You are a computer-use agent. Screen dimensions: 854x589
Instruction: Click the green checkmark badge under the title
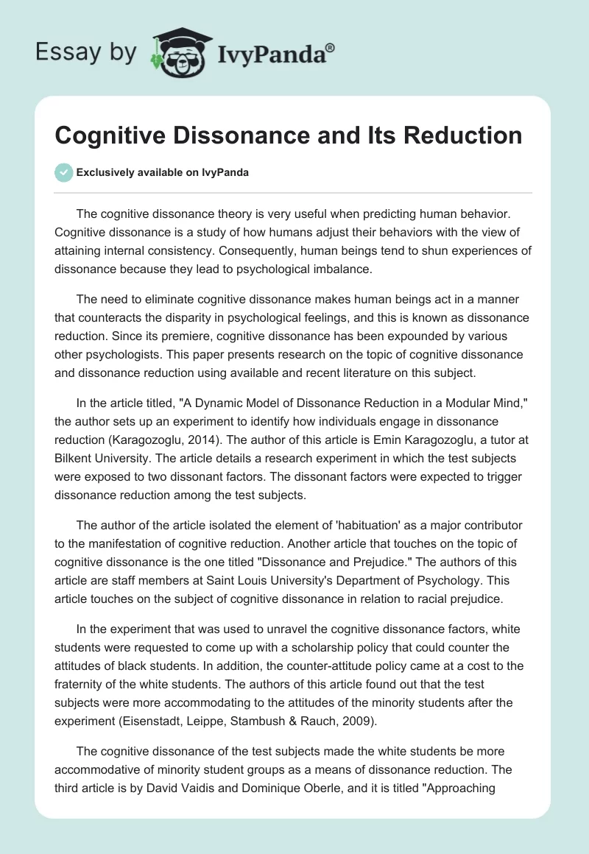[x=63, y=172]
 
